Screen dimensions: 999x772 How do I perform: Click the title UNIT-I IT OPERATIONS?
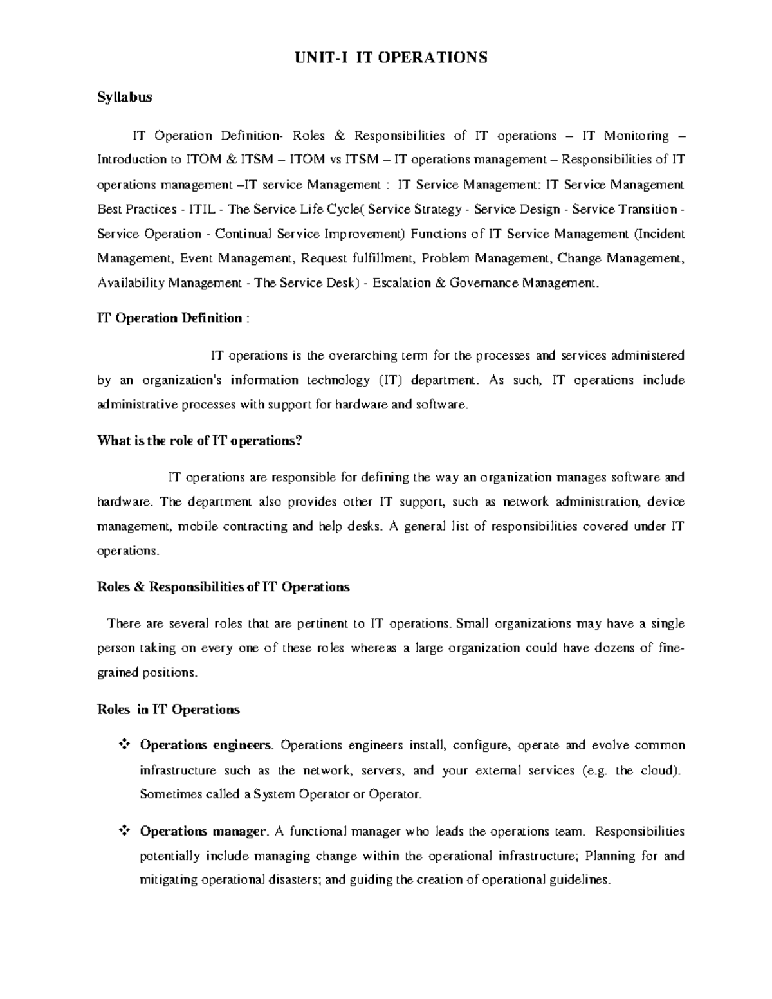[391, 58]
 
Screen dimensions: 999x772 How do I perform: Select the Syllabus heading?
[124, 97]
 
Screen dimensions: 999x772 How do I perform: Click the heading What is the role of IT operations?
[199, 441]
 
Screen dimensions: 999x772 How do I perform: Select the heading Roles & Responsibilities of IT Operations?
[223, 587]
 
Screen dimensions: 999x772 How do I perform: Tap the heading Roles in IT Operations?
[168, 710]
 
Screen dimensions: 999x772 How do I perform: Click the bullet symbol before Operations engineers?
[124, 746]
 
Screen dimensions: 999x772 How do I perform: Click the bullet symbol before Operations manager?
[124, 832]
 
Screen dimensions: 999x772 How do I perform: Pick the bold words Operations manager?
[202, 832]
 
